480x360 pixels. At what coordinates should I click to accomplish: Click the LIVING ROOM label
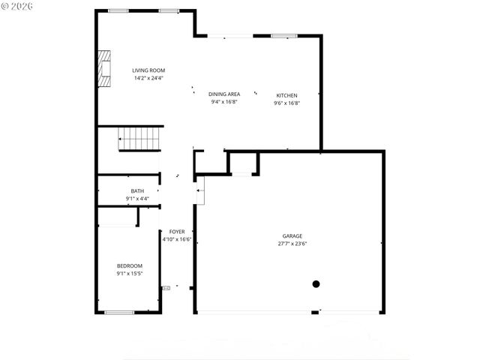148,70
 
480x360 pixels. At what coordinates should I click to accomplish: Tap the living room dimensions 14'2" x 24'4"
148,78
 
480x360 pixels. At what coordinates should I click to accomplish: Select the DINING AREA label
223,94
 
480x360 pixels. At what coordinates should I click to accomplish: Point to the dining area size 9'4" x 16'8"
223,102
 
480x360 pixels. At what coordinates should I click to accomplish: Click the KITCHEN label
287,95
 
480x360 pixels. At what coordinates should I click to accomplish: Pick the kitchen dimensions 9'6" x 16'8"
287,103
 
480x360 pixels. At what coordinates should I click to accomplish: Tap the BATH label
137,191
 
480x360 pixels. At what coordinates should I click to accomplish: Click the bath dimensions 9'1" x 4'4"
137,199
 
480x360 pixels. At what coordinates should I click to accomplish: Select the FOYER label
177,232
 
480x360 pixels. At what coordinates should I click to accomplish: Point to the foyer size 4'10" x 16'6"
177,239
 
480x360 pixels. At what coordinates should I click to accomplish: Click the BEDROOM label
129,266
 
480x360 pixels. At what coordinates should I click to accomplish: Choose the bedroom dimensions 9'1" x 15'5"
129,274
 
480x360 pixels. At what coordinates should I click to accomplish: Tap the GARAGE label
292,236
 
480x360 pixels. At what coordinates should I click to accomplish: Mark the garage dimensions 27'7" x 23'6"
292,244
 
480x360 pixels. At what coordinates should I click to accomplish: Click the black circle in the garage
316,284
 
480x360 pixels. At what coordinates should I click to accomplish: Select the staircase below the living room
140,139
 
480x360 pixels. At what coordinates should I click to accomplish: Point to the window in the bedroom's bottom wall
119,312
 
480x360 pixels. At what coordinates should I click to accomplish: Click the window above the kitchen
284,35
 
